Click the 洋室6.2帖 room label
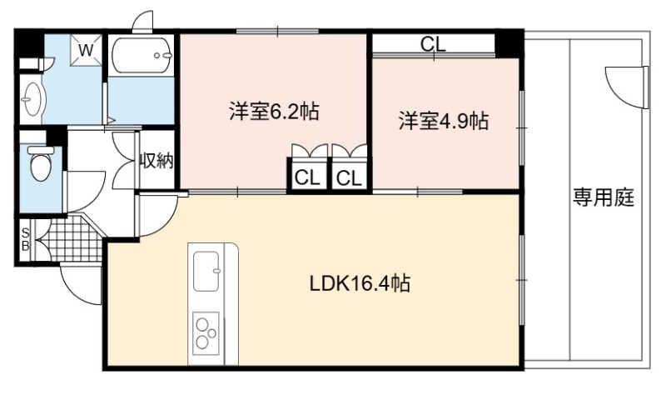pos(274,112)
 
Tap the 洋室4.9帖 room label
pos(443,121)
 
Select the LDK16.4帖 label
pos(360,283)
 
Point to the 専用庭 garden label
pos(603,197)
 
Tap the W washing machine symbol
pos(87,50)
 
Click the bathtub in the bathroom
pos(142,56)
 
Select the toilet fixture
pos(40,162)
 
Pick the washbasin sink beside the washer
pos(32,99)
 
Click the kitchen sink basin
pos(206,271)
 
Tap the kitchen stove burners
pos(206,333)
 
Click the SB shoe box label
pos(26,239)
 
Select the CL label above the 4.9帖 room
pos(433,44)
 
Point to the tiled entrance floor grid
pos(73,239)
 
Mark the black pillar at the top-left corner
pos(29,43)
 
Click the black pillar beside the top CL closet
pos(509,44)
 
